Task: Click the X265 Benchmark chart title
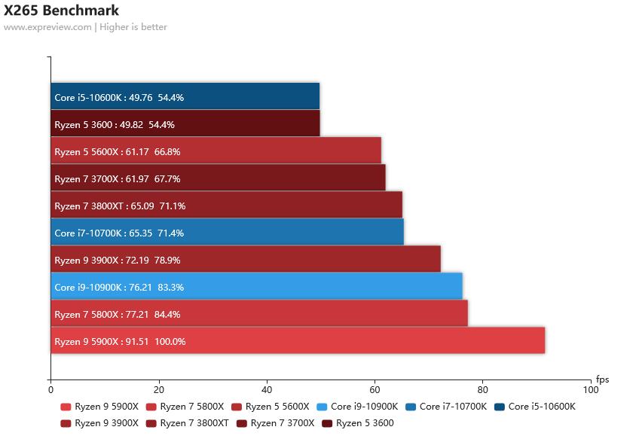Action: [x=61, y=11]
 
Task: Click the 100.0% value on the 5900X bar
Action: [x=170, y=342]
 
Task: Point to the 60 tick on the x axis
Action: [x=375, y=390]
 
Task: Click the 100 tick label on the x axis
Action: [x=591, y=390]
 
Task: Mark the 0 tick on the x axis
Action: [x=50, y=390]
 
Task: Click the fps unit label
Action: [x=602, y=380]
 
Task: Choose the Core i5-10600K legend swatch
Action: [x=500, y=407]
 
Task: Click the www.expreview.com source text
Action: [x=47, y=27]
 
